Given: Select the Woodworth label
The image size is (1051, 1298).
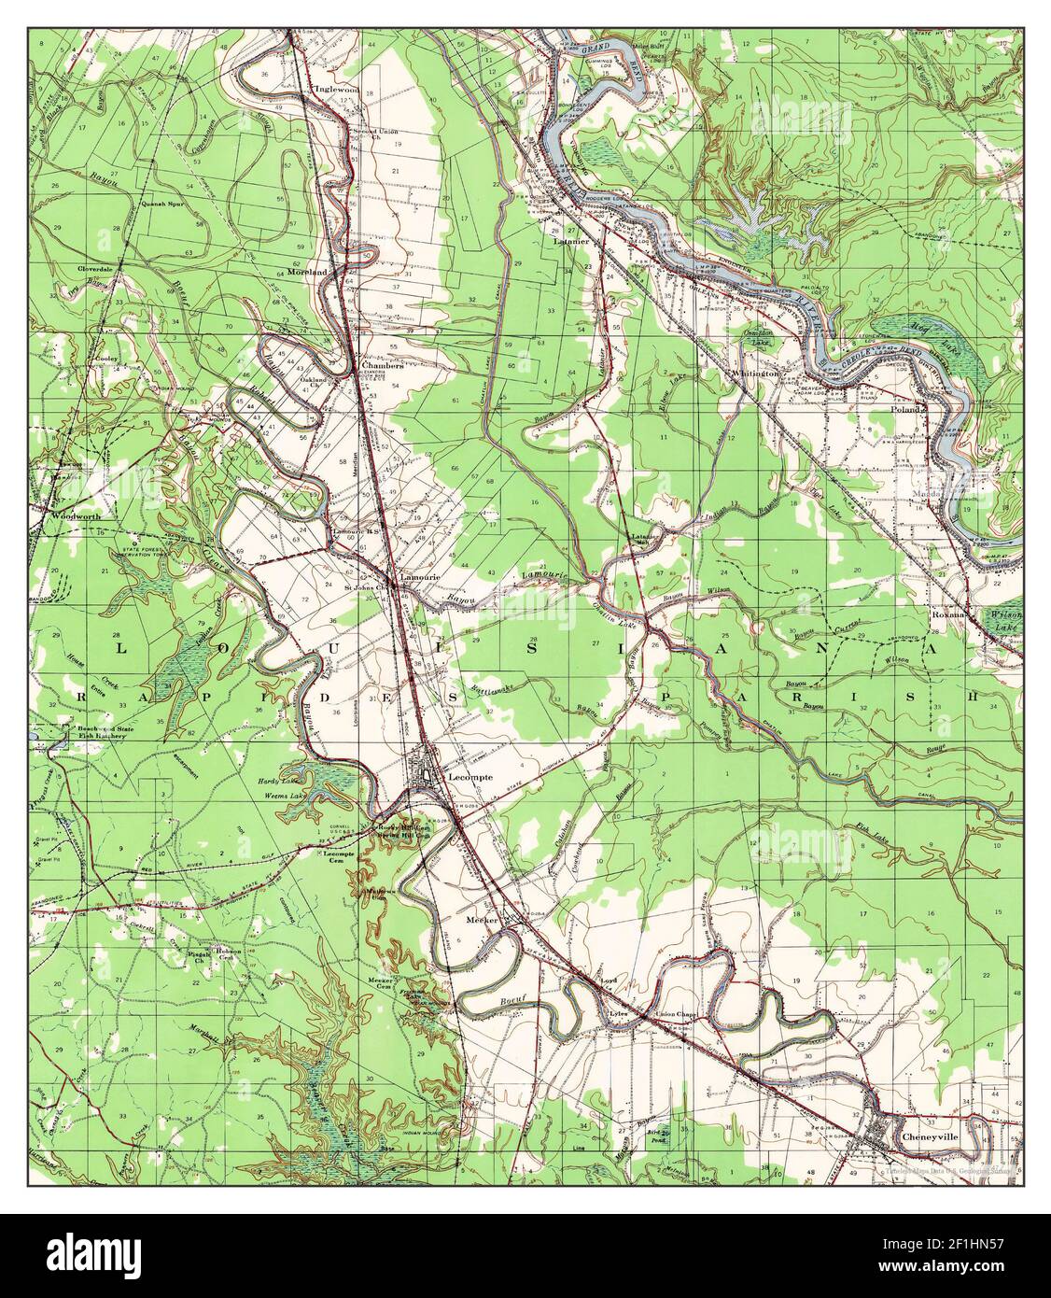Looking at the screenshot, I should pyautogui.click(x=69, y=515).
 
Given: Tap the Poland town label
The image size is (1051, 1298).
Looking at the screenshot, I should pyautogui.click(x=905, y=409).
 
